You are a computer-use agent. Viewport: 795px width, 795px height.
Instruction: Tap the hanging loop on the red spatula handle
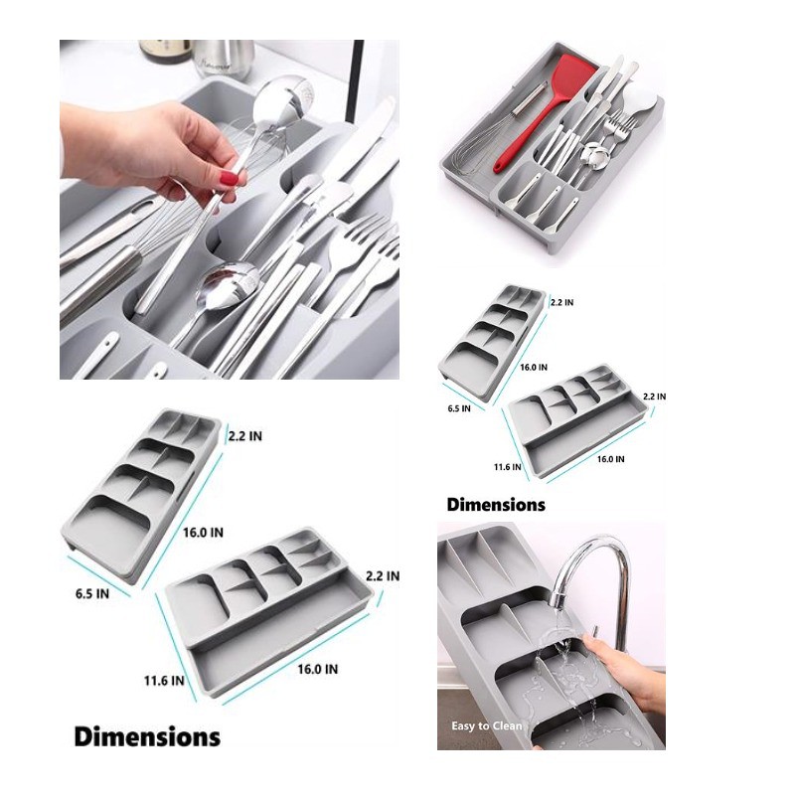(x=499, y=166)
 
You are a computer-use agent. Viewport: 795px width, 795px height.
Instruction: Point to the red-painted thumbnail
(x=229, y=178)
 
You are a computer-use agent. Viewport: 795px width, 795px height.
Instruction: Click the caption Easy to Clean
(x=487, y=725)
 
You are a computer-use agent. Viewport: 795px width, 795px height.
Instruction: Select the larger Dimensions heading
(x=147, y=736)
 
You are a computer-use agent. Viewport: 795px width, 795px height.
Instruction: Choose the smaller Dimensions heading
(x=496, y=505)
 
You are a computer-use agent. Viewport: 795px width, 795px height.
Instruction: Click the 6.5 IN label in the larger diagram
(x=92, y=593)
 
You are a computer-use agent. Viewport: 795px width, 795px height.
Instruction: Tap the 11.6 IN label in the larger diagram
(x=164, y=680)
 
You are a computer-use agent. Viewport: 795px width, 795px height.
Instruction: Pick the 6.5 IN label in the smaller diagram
(x=459, y=408)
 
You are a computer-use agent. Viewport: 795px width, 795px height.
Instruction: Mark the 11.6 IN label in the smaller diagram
(x=508, y=466)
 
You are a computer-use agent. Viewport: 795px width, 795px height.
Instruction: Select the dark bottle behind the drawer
(x=164, y=51)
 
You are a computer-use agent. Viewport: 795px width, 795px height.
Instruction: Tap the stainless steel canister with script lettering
(x=223, y=59)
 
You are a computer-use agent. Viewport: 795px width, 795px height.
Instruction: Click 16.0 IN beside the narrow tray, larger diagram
(x=203, y=533)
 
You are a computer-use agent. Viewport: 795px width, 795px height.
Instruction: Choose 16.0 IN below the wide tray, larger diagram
(x=317, y=669)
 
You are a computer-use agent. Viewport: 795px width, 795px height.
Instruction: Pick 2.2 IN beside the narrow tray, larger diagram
(x=244, y=436)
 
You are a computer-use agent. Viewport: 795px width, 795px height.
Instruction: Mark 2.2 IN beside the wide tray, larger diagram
(x=383, y=576)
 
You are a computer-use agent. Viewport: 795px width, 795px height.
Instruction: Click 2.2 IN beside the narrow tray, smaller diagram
(x=561, y=302)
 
